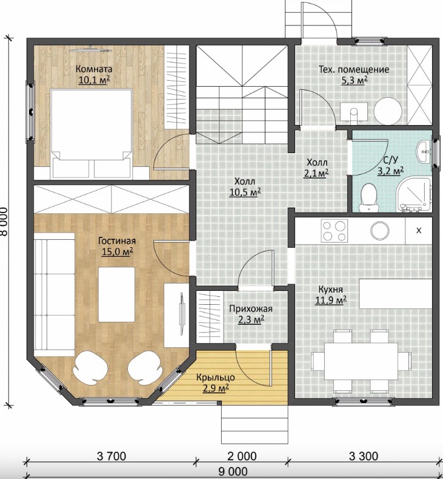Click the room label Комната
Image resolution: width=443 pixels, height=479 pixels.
(94, 69)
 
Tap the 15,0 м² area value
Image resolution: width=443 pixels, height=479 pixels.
(117, 252)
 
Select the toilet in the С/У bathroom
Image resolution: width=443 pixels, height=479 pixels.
(369, 198)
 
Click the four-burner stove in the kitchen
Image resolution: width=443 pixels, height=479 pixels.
(334, 231)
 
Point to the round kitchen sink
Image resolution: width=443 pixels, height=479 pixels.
(379, 231)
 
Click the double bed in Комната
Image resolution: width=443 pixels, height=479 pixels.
(92, 134)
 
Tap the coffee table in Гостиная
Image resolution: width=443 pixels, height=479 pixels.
(116, 294)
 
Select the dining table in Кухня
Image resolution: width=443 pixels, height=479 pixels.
(361, 360)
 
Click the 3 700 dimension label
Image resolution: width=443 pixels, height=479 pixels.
(112, 456)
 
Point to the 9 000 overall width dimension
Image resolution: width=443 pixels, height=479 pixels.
(233, 472)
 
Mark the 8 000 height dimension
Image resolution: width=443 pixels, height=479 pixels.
(4, 222)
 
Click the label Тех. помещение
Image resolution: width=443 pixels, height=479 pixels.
(354, 69)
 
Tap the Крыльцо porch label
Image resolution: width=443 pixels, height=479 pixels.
(216, 377)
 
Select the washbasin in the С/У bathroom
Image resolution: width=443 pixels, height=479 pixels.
(424, 152)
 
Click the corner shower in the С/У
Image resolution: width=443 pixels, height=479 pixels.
(414, 195)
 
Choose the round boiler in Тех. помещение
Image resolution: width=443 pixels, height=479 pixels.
(388, 111)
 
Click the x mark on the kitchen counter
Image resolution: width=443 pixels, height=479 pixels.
(419, 230)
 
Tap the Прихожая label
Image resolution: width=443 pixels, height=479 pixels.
(251, 308)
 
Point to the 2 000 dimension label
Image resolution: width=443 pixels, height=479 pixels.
(242, 456)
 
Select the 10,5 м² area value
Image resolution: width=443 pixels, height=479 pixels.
(245, 192)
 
